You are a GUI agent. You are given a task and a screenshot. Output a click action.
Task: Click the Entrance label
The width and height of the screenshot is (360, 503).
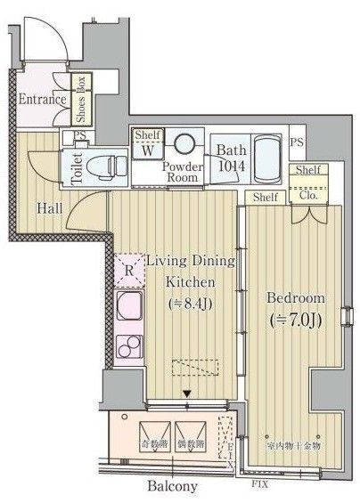(42, 99)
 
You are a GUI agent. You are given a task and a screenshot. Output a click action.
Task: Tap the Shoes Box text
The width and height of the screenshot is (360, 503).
(80, 99)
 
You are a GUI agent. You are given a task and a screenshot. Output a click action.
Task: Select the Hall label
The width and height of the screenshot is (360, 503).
(49, 209)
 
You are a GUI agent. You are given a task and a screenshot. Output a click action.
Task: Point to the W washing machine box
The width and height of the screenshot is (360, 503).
(147, 149)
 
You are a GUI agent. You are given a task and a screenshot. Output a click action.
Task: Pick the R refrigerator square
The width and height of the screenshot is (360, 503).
(128, 268)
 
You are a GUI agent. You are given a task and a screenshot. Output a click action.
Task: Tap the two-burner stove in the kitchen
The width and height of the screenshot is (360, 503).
(130, 346)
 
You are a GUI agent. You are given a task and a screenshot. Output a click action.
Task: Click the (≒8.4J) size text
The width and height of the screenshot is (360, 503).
(190, 304)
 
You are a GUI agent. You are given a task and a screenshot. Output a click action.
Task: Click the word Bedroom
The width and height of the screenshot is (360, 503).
(295, 297)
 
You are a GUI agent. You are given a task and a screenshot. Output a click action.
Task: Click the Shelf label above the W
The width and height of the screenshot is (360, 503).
(148, 134)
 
